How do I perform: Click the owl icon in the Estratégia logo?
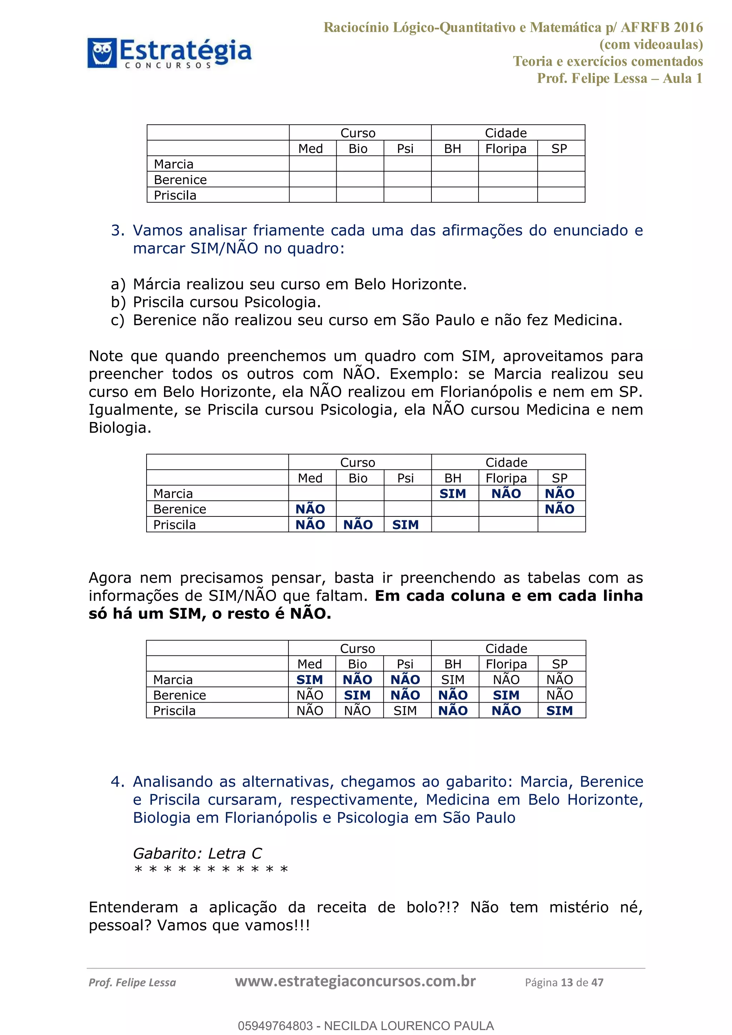pos(102,53)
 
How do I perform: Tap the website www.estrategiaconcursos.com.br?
pos(355,981)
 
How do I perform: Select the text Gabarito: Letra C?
pos(197,853)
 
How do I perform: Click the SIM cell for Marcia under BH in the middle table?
pos(452,494)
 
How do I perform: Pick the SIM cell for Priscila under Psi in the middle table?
pos(405,525)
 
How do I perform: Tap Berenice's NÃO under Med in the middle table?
pos(310,509)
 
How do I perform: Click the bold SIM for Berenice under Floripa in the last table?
pos(506,695)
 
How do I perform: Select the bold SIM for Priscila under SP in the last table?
pos(559,711)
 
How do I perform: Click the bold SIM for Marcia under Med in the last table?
pos(310,680)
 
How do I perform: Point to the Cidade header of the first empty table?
pos(506,133)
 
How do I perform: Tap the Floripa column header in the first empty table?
pos(506,149)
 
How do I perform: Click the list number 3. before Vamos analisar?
pos(117,231)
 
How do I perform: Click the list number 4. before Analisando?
pos(117,782)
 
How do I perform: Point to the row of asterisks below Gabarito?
pos(211,870)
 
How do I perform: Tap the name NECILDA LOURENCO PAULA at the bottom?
pos(409,1026)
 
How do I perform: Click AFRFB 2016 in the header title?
pos(661,28)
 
